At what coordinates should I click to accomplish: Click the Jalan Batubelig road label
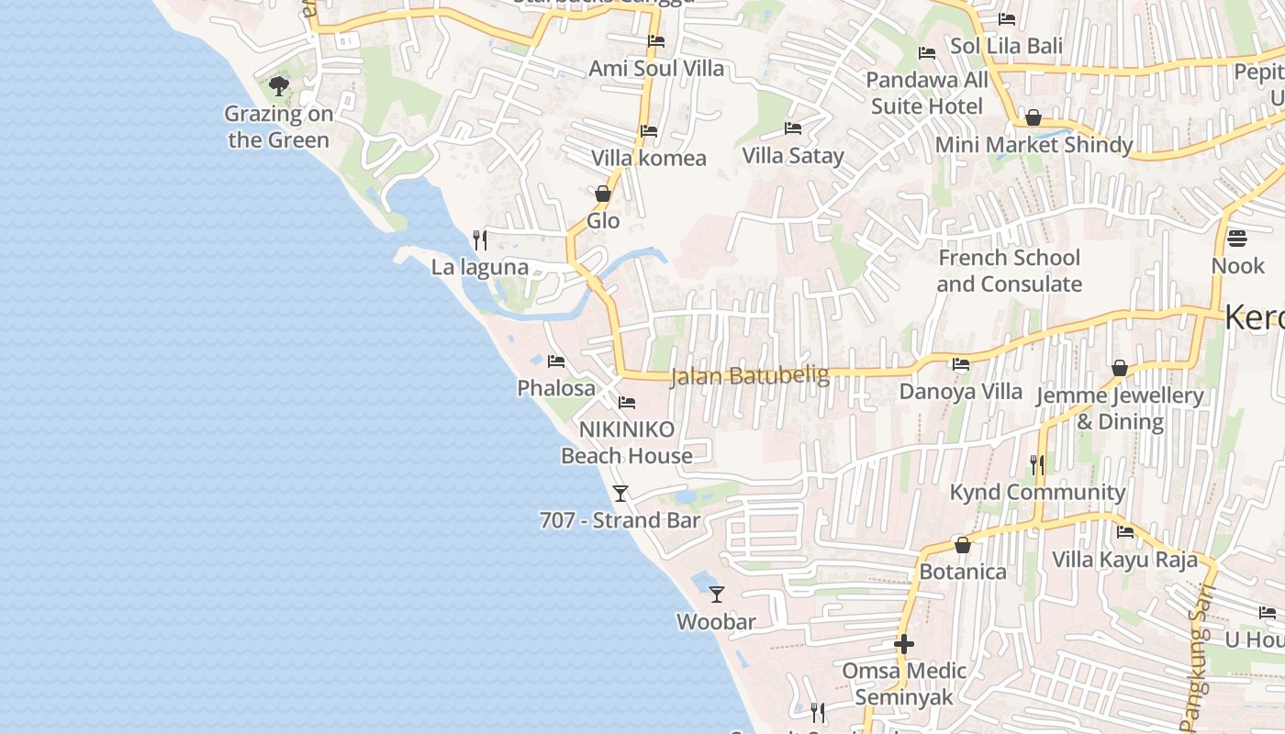coord(750,375)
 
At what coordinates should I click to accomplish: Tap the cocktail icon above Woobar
coord(717,595)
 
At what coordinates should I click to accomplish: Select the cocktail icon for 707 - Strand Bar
coord(620,494)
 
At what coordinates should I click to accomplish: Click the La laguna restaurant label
coord(480,267)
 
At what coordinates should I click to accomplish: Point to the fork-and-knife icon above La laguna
coord(479,240)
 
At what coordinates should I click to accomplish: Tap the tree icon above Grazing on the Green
coord(279,87)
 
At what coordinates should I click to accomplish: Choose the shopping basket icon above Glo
coord(603,194)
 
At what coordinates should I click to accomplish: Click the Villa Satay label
coord(793,156)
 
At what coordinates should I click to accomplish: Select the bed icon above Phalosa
coord(555,361)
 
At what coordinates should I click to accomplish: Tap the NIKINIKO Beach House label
coord(627,442)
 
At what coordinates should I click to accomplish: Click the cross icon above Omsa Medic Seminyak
coord(904,644)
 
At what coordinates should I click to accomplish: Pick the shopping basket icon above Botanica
coord(963,546)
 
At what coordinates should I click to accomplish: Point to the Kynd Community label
coord(1037,493)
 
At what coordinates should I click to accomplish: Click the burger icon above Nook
coord(1237,239)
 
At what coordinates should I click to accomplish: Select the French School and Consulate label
coord(1009,271)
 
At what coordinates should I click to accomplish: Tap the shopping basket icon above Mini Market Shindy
coord(1034,117)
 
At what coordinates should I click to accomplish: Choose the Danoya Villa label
coord(960,391)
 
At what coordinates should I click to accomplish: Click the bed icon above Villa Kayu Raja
coord(1124,532)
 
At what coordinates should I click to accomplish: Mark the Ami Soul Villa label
coord(656,69)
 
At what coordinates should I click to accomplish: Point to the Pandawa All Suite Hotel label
coord(927,93)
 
